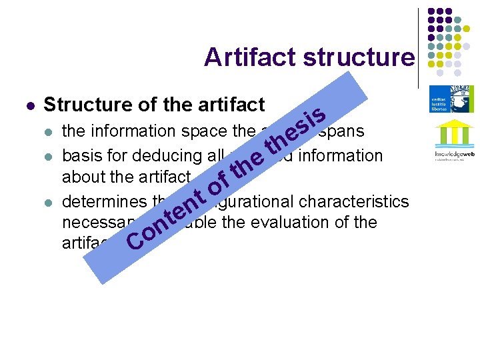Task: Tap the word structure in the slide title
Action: pyautogui.click(x=358, y=57)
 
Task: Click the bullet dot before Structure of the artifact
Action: pyautogui.click(x=29, y=105)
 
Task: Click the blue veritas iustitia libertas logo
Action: pyautogui.click(x=447, y=98)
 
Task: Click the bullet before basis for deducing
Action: pyautogui.click(x=47, y=156)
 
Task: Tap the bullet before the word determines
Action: pyautogui.click(x=47, y=201)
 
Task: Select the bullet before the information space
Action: pyautogui.click(x=47, y=132)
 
